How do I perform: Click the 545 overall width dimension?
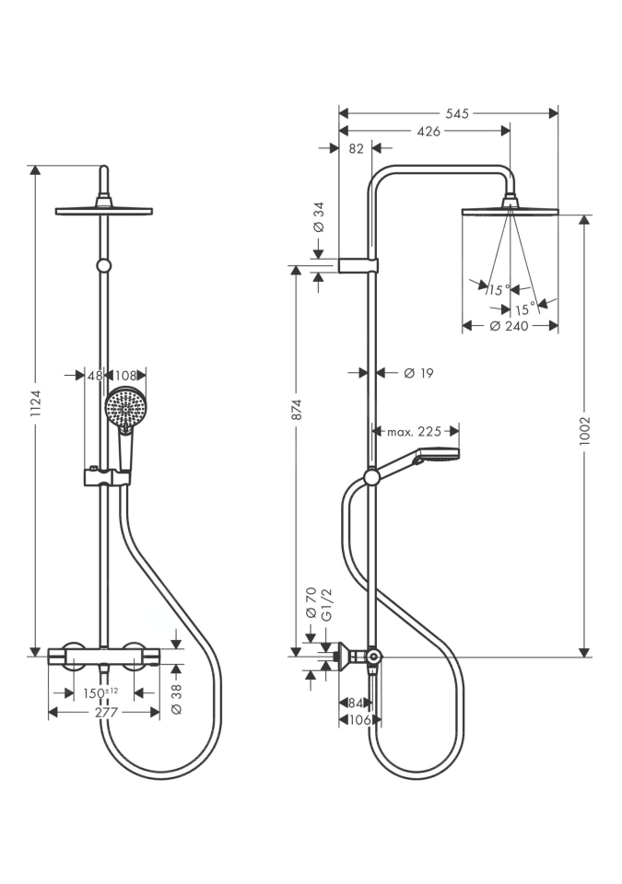(457, 114)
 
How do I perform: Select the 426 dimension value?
(428, 132)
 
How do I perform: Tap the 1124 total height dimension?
(36, 403)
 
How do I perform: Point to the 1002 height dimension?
(584, 432)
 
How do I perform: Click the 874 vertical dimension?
(298, 409)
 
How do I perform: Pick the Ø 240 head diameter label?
(509, 326)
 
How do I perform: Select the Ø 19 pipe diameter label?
(418, 373)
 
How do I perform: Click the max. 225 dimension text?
(415, 432)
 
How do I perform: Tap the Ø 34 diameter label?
(319, 217)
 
